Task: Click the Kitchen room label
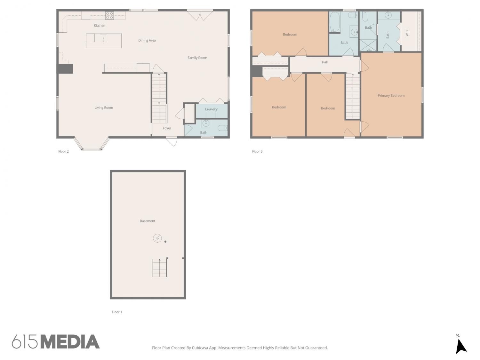pyautogui.click(x=99, y=26)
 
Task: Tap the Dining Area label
pyautogui.click(x=147, y=40)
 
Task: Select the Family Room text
pyautogui.click(x=197, y=58)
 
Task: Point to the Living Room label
pyautogui.click(x=104, y=108)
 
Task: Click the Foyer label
pyautogui.click(x=167, y=128)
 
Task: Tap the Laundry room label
pyautogui.click(x=211, y=109)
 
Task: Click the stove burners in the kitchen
pyautogui.click(x=109, y=15)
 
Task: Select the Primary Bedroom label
pyautogui.click(x=391, y=95)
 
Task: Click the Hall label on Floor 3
pyautogui.click(x=324, y=62)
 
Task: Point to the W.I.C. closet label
pyautogui.click(x=407, y=32)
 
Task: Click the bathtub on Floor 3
pyautogui.click(x=335, y=22)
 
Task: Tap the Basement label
pyautogui.click(x=148, y=221)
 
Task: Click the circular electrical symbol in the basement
pyautogui.click(x=157, y=238)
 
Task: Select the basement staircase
pyautogui.click(x=160, y=268)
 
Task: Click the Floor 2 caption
pyautogui.click(x=63, y=151)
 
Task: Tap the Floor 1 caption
pyautogui.click(x=117, y=312)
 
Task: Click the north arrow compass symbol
pyautogui.click(x=461, y=346)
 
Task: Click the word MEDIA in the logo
pyautogui.click(x=70, y=342)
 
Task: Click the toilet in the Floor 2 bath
pyautogui.click(x=223, y=128)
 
